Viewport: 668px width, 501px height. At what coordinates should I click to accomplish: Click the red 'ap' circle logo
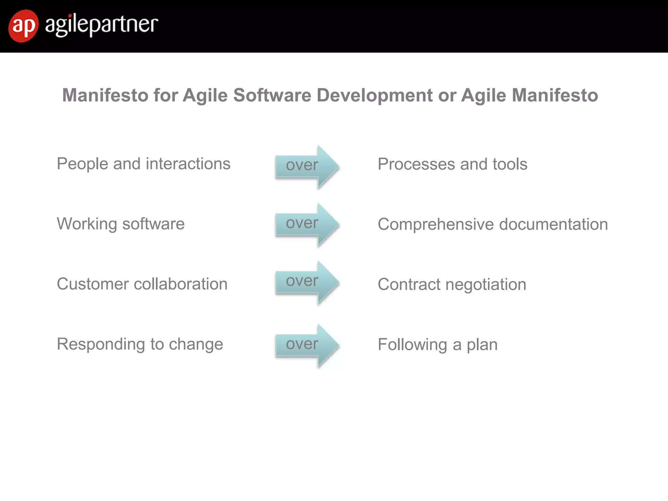[x=23, y=26]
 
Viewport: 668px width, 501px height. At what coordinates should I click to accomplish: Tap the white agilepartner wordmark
[x=101, y=25]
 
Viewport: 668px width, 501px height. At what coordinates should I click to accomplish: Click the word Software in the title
[x=272, y=95]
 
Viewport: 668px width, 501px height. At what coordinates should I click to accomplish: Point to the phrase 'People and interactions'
[x=144, y=164]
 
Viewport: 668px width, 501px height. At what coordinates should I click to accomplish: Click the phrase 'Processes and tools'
[x=452, y=164]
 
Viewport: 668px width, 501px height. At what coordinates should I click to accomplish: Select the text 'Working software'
[x=121, y=224]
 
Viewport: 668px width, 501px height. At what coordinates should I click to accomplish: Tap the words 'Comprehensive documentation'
[x=493, y=224]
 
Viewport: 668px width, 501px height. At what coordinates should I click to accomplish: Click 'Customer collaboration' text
[x=142, y=284]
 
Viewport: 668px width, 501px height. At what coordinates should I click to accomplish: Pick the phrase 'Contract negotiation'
[x=452, y=284]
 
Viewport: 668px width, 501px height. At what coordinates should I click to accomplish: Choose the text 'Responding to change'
[x=140, y=344]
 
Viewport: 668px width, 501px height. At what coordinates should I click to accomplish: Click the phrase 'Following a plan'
[x=437, y=345]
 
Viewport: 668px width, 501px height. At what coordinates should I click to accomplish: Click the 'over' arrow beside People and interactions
[x=307, y=167]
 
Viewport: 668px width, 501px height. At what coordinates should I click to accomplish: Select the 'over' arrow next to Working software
[x=307, y=224]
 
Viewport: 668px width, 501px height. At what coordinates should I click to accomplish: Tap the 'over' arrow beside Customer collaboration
[x=307, y=282]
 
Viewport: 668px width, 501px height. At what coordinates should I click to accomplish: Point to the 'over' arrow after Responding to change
[x=307, y=345]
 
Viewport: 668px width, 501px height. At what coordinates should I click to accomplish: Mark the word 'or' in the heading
[x=447, y=95]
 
